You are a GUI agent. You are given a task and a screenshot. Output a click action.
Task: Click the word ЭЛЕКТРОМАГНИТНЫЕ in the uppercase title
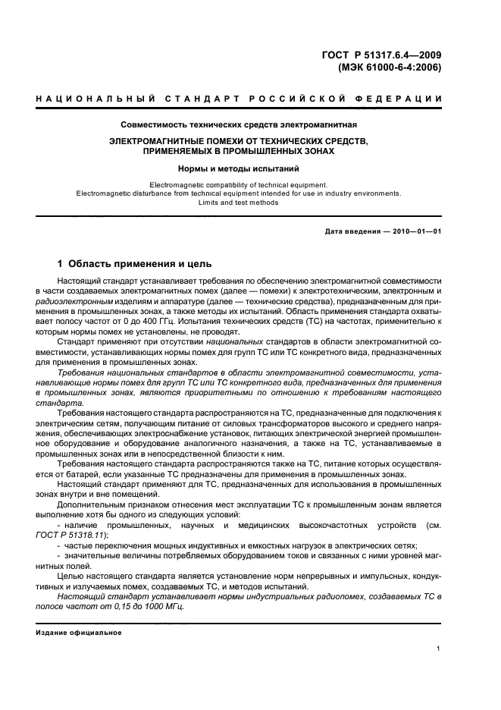[x=158, y=141]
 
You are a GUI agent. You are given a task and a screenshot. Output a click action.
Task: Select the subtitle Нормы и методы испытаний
[x=239, y=169]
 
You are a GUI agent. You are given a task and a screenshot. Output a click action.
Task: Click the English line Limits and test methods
[x=239, y=203]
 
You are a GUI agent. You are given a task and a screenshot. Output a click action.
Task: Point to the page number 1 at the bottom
[x=439, y=649]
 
